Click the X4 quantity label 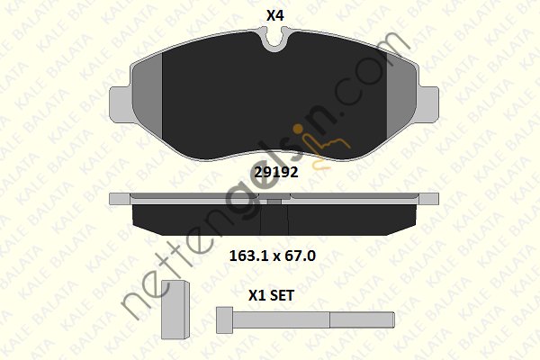point(274,15)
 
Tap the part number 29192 point(276,172)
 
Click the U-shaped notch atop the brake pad point(274,40)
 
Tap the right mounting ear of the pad point(427,104)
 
